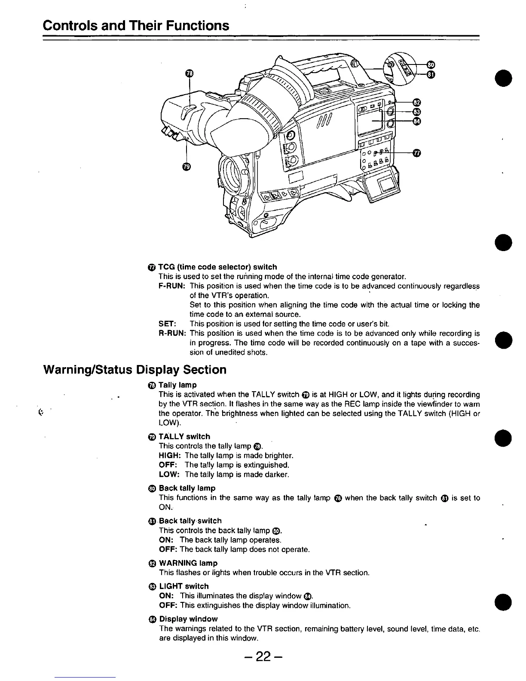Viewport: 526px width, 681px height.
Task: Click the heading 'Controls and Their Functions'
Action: coord(136,25)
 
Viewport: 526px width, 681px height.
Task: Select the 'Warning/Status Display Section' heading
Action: coord(135,370)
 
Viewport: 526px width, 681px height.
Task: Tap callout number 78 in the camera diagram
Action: coord(190,74)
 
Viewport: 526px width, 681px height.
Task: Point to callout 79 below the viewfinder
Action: coord(186,167)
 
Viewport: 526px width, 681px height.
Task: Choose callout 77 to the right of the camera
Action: coord(416,153)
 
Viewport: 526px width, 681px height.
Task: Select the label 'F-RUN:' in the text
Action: coord(172,286)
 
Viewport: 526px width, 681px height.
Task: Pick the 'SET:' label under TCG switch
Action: coord(166,324)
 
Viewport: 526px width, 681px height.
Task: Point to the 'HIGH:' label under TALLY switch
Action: coord(170,455)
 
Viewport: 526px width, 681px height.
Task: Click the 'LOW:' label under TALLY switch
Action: coord(168,474)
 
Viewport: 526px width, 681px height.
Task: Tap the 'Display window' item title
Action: coord(188,619)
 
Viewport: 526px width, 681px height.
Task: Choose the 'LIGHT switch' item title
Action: coord(183,586)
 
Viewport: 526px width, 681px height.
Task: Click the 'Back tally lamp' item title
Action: coord(187,488)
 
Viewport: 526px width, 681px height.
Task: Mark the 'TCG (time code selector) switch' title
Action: coord(217,267)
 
